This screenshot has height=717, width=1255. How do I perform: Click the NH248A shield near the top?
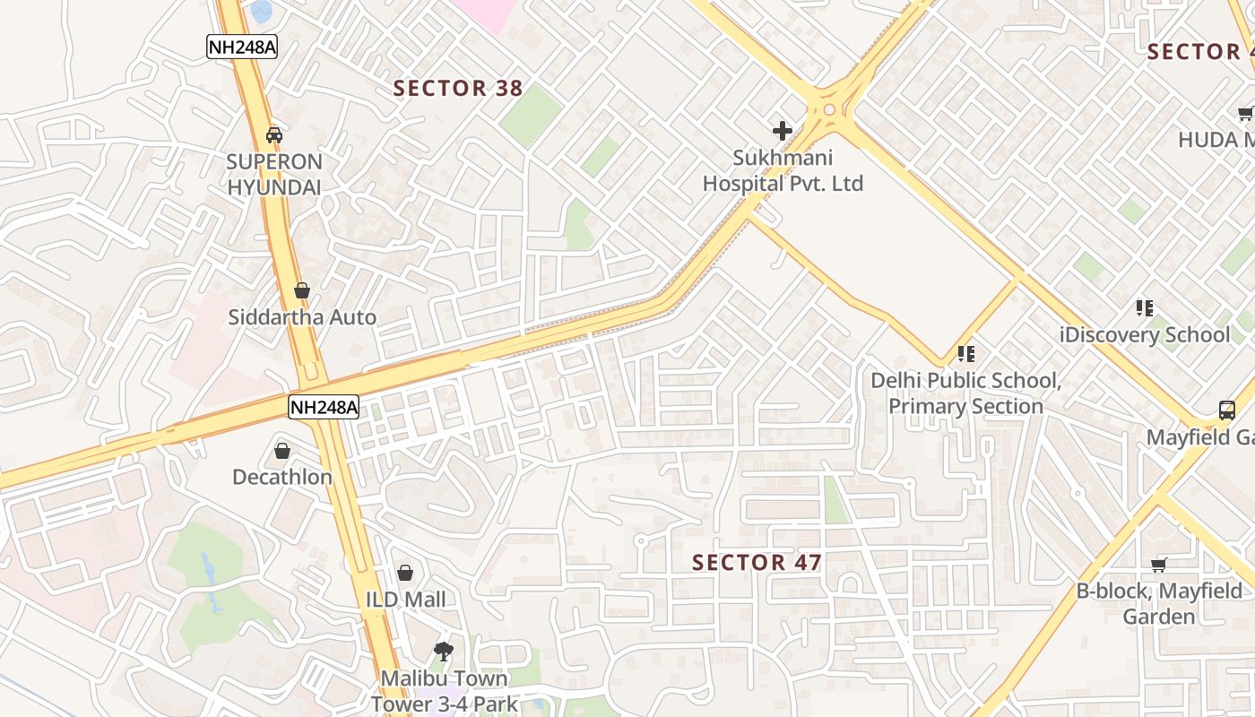coord(241,47)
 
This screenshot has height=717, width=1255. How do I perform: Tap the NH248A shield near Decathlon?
coord(324,407)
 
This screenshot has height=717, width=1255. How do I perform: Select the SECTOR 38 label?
coord(458,88)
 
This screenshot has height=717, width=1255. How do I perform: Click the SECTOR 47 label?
coord(757,562)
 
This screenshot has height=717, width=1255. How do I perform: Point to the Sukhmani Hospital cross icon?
coord(783,131)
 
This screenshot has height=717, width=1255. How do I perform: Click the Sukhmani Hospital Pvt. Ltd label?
coord(782,170)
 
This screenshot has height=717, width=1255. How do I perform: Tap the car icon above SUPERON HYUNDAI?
coord(274,135)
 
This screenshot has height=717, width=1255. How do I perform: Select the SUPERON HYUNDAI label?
coord(274,175)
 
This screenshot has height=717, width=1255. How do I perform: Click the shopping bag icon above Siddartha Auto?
coord(302,290)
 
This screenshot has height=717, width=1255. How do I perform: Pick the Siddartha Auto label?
coord(302,317)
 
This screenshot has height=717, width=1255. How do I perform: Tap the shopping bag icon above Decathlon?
coord(282,450)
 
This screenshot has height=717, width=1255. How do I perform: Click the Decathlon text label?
coord(282,477)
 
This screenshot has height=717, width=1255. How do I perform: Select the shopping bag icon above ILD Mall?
coord(405,573)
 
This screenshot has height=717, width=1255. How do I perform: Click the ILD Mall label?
coord(405,599)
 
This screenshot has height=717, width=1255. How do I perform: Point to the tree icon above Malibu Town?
coord(443,651)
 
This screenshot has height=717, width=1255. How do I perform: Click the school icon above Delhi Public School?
coord(966,354)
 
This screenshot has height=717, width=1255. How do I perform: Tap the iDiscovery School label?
coord(1145,335)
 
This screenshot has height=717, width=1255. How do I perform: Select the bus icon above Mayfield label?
coord(1227,410)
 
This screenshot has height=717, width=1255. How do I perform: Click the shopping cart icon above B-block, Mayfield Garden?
coord(1159,564)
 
